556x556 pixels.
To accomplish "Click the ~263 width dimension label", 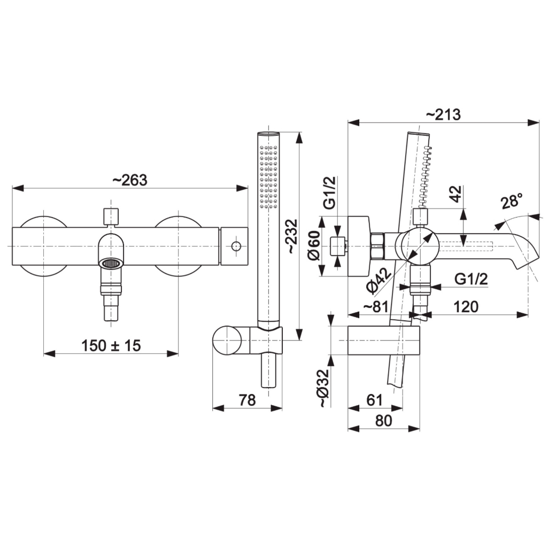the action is click(130, 180).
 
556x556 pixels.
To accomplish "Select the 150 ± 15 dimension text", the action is click(111, 345).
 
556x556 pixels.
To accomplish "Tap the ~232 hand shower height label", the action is click(292, 236).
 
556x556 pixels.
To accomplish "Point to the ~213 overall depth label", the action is click(443, 114).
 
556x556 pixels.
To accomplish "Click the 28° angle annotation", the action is click(512, 201).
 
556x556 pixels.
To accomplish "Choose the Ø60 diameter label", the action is click(314, 245).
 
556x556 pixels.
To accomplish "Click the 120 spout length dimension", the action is click(466, 307).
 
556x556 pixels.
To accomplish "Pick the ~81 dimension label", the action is click(376, 307).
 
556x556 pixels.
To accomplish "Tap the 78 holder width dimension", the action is click(247, 400).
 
